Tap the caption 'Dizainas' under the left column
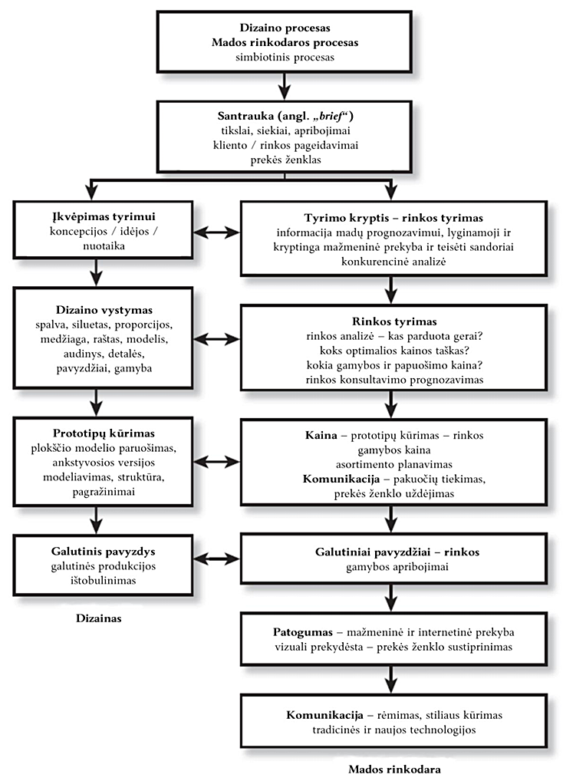[x=100, y=616]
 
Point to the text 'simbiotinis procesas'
[x=284, y=57]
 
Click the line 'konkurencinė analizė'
[x=393, y=262]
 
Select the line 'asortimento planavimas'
[x=393, y=465]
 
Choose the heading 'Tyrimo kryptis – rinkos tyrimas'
[x=393, y=217]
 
